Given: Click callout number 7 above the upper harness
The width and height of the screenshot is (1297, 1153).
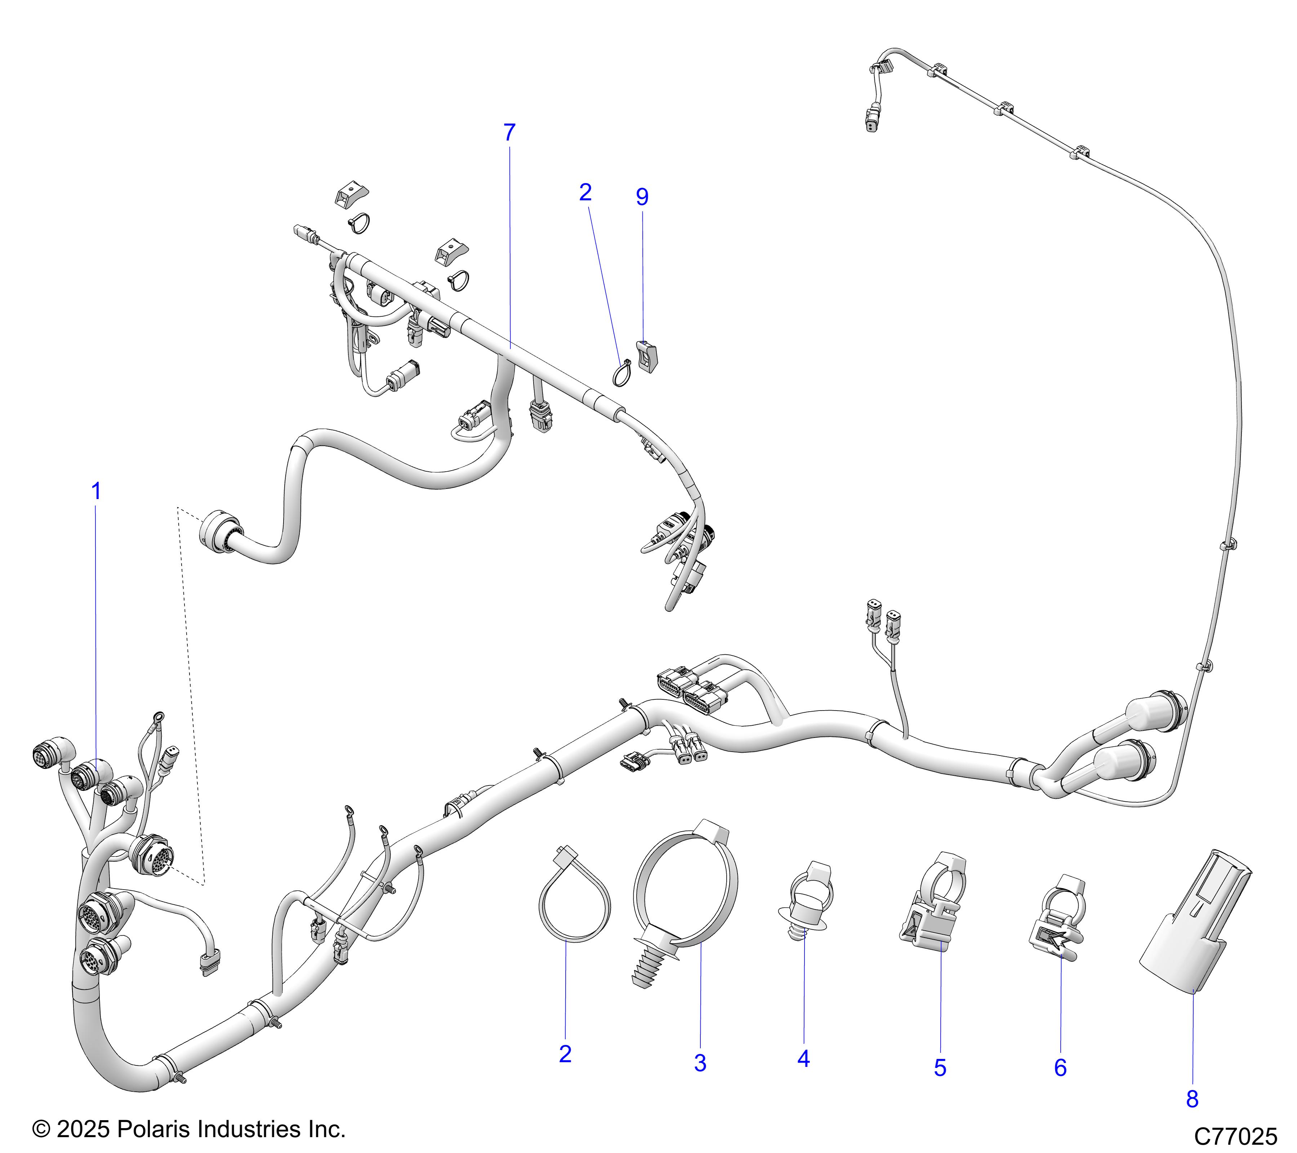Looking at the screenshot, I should click(509, 133).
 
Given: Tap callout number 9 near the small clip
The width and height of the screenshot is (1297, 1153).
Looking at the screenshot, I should click(642, 197).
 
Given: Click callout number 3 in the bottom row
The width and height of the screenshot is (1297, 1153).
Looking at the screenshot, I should click(700, 1063).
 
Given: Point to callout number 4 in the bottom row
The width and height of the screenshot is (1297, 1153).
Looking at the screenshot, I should click(803, 1059).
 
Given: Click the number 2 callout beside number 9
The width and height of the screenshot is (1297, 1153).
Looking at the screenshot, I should click(585, 192).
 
